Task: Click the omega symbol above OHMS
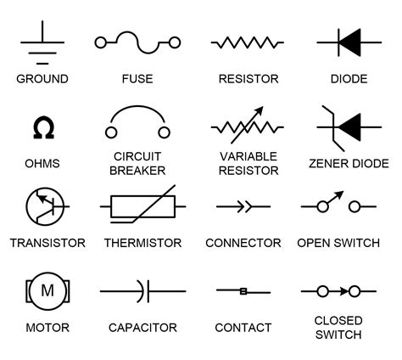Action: [44, 127]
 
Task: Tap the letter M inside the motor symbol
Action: [47, 290]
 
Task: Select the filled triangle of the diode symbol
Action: [349, 42]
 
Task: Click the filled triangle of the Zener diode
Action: [349, 127]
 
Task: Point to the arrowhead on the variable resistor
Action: [260, 110]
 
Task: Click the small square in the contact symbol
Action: [243, 291]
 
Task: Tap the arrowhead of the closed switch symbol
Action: [344, 291]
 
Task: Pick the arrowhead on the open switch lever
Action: [339, 195]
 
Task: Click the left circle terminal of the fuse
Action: [101, 42]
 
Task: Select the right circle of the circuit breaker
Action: [164, 132]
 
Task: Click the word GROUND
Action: [42, 79]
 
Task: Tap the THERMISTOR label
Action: [142, 243]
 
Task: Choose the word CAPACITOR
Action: [142, 328]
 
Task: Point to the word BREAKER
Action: [137, 171]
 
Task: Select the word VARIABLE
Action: [248, 156]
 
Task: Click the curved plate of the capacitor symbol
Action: [142, 291]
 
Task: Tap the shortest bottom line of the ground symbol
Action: [42, 64]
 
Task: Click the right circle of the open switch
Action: [355, 206]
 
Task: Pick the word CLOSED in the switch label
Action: [338, 320]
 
